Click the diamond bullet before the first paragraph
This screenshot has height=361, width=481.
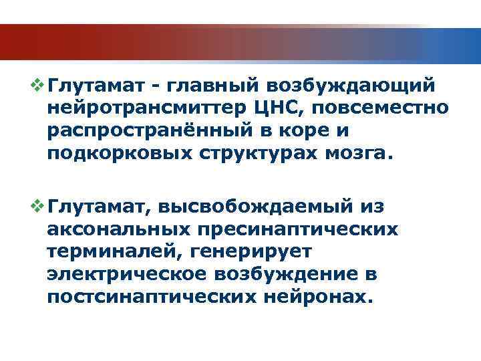click(39, 86)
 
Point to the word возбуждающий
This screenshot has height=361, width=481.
click(352, 86)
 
